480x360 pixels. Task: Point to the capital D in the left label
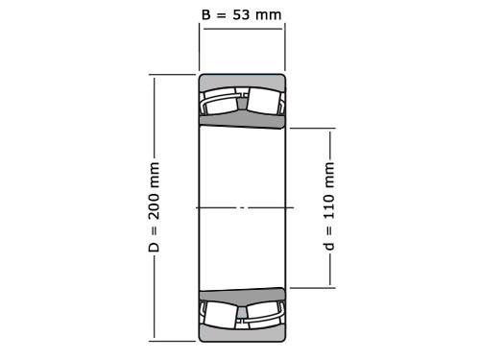[154, 247]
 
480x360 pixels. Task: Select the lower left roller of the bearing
[221, 313]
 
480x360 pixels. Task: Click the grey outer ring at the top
[242, 81]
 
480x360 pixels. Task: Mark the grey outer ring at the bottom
[242, 334]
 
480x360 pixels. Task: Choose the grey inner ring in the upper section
[242, 120]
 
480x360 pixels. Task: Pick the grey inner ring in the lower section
[242, 295]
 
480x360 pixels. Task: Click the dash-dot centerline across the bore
[242, 207]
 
